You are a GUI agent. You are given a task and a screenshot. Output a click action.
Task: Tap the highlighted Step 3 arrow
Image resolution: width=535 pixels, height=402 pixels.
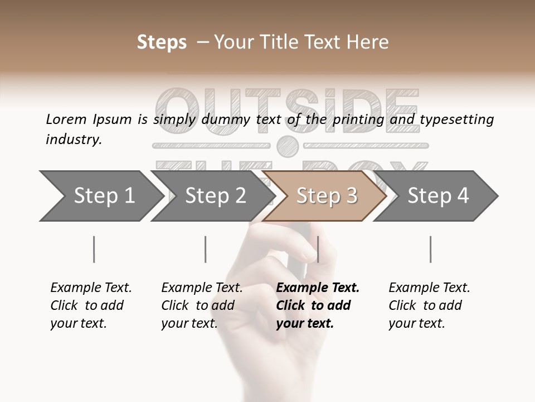click(327, 195)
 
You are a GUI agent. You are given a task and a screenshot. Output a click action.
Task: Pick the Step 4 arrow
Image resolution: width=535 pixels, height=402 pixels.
click(438, 195)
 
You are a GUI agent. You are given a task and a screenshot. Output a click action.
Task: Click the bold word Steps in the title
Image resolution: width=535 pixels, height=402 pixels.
click(162, 42)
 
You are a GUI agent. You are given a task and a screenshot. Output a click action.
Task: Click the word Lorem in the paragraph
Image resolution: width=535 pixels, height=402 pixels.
click(66, 119)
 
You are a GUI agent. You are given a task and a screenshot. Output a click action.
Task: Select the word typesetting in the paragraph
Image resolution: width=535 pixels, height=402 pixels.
click(456, 119)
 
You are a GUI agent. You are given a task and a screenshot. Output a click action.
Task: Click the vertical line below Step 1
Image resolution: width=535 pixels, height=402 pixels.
click(94, 249)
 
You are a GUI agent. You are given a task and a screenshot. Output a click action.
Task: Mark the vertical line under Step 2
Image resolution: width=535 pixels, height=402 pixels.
click(206, 249)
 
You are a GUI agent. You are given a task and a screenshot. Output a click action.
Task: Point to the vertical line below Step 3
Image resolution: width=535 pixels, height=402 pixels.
click(318, 249)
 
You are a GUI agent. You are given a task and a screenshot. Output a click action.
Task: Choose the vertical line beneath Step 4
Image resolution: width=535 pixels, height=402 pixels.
click(430, 249)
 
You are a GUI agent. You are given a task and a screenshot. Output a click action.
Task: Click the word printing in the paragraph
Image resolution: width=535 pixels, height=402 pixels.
click(358, 119)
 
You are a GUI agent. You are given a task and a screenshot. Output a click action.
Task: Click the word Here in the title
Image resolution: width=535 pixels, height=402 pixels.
click(367, 42)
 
